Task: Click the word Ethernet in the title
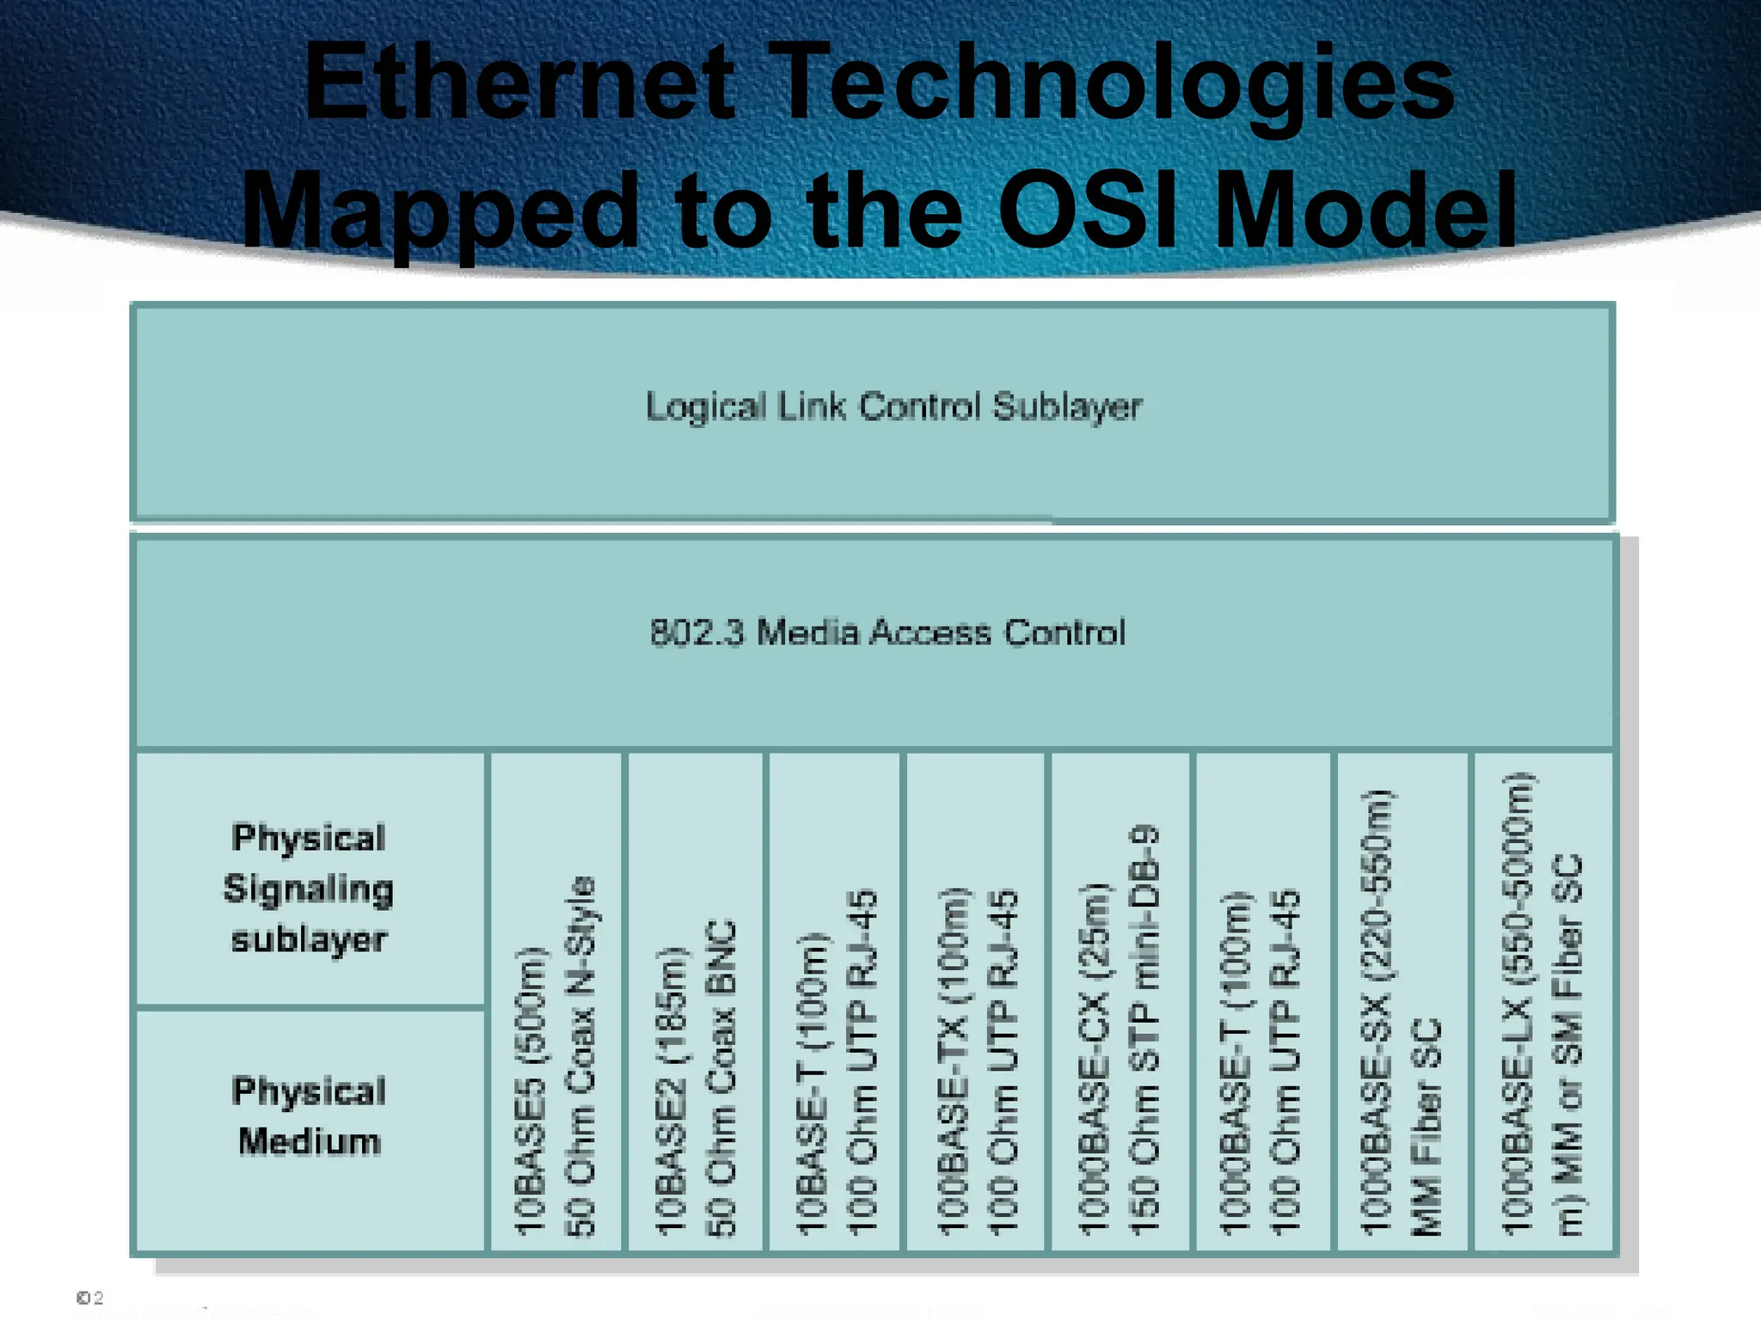pos(520,83)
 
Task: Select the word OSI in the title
pos(1087,211)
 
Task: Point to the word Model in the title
pos(1367,211)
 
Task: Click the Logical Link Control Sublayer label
pos(893,406)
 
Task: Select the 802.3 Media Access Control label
pos(887,633)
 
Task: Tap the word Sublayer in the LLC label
pos(1067,406)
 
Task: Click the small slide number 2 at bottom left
pos(98,1298)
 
